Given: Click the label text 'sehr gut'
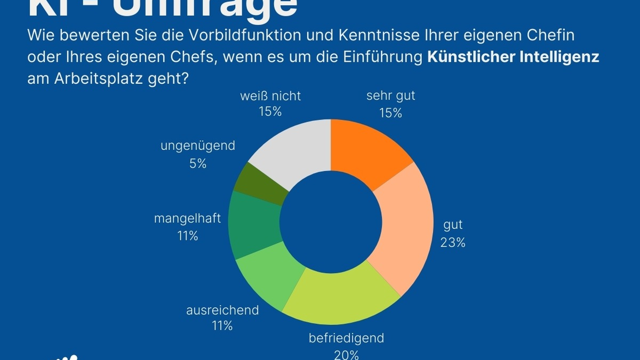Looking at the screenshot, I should pos(390,96).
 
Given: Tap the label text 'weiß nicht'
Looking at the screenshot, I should pos(270,96).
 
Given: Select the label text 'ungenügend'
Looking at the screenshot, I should pos(198,146).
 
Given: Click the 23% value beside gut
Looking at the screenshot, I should pos(453,243).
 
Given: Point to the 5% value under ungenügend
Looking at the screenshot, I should pos(198,164).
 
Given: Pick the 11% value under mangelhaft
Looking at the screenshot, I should pos(188,236).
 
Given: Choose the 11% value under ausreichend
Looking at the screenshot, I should pos(222,326).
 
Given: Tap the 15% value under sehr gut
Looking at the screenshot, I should pos(390,113).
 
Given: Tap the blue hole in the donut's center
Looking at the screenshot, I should pos(331,221).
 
